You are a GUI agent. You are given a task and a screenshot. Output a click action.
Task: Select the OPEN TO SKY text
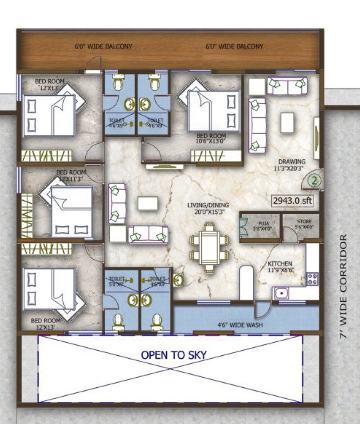click(174, 355)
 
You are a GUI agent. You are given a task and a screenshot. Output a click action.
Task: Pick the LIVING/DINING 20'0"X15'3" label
click(208, 209)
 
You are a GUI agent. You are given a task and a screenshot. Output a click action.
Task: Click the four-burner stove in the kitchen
click(312, 279)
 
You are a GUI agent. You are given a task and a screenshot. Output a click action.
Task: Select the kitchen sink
click(281, 293)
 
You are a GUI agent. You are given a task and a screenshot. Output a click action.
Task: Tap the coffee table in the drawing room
click(287, 122)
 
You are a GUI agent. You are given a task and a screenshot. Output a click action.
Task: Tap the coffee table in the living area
click(148, 203)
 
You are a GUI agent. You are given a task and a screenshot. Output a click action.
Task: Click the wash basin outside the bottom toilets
click(178, 280)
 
